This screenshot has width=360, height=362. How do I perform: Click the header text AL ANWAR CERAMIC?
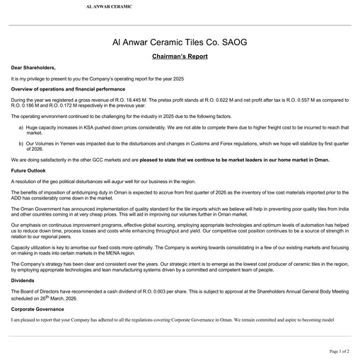click(108, 6)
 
